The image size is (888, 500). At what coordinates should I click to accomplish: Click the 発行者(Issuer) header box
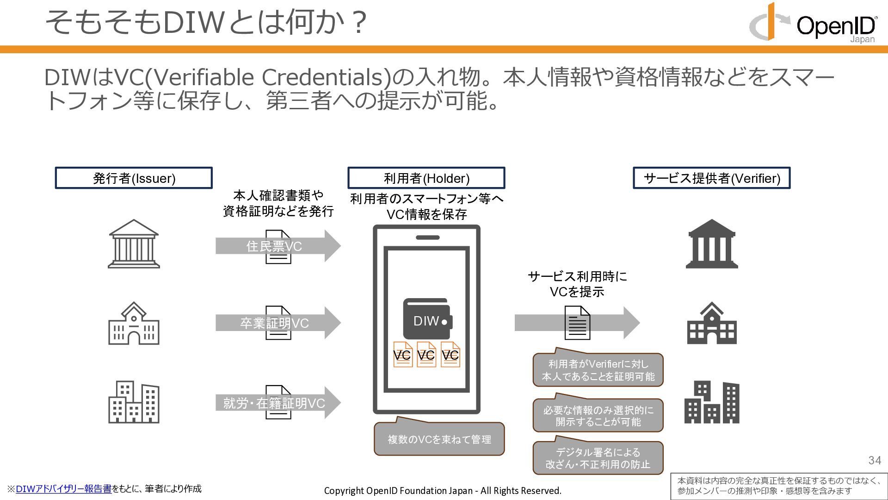[134, 178]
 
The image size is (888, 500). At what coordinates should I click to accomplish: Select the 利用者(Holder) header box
[426, 178]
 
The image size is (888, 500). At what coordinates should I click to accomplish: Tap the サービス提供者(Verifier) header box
[711, 178]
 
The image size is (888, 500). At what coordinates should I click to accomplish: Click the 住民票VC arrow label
[274, 246]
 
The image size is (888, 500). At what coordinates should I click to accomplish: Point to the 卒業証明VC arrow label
[274, 323]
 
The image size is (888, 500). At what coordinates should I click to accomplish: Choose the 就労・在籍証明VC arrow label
[274, 403]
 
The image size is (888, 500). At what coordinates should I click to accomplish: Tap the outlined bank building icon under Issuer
[134, 244]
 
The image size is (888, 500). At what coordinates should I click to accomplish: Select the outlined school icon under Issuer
[134, 324]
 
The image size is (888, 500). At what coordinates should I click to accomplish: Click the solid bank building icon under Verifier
[711, 244]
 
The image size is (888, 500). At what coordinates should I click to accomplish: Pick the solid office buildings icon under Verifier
[711, 402]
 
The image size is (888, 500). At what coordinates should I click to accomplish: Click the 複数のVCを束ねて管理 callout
[439, 439]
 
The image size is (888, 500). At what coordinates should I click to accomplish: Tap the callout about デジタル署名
[598, 458]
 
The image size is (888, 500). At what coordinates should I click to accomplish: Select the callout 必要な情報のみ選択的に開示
[598, 416]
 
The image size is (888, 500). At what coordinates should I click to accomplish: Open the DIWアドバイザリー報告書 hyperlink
[63, 489]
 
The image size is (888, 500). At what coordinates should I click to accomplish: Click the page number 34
[874, 460]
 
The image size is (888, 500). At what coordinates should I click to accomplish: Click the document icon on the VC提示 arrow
[577, 323]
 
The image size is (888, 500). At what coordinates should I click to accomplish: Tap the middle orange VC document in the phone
[426, 355]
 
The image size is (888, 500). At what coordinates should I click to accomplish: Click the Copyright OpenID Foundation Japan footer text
[443, 491]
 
